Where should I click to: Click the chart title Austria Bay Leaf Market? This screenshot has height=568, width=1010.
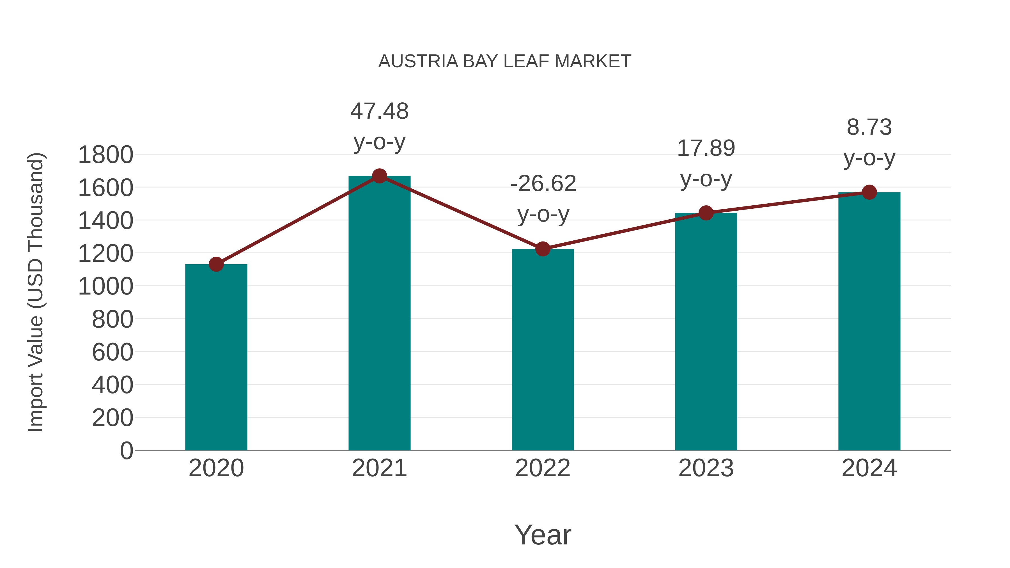pos(505,61)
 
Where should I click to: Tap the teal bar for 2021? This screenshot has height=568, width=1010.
pos(379,314)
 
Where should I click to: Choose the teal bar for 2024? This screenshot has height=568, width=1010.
pos(869,321)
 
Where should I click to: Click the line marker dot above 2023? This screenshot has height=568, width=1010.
pos(706,213)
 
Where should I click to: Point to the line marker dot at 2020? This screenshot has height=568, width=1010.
pos(216,264)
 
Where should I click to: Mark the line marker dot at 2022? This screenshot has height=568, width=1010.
pos(543,249)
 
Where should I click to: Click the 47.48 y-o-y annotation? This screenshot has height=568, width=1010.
pos(379,126)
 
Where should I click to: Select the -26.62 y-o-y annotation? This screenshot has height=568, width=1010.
pos(543,199)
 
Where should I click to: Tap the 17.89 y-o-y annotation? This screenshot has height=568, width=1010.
pos(706,164)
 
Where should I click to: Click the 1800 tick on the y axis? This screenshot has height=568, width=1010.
pos(105,155)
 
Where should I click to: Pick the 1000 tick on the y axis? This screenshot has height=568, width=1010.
pos(105,287)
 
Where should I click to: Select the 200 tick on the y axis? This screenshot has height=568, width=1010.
pos(113,418)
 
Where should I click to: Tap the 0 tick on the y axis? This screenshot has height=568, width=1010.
pos(126,451)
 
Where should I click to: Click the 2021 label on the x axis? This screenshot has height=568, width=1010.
pos(379,468)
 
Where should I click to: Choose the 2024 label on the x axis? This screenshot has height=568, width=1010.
pos(869,468)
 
